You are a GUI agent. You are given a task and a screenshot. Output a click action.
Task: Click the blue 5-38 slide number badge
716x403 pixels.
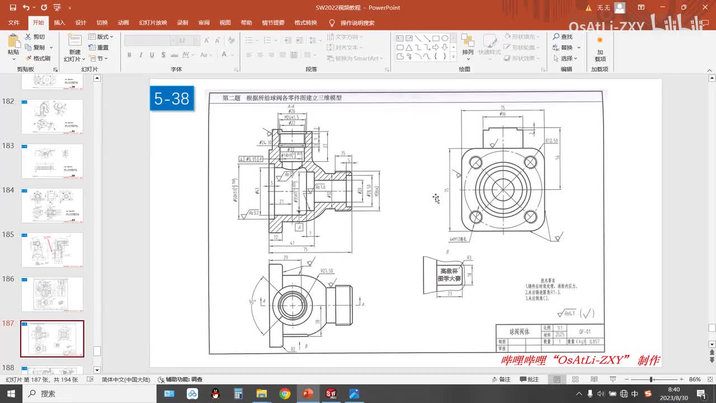pos(172,99)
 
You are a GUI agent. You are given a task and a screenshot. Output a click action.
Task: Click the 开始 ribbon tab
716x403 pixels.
pos(38,23)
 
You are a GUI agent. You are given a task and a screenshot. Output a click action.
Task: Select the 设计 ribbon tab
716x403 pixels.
pos(81,23)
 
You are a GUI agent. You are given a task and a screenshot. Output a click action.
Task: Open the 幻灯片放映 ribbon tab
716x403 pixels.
pos(153,23)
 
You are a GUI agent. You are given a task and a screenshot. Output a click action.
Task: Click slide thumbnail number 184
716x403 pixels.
pos(52,205)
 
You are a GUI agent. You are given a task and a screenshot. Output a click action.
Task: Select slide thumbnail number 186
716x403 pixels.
pos(52,294)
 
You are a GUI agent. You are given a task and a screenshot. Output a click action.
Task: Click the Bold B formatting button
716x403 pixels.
pos(129,55)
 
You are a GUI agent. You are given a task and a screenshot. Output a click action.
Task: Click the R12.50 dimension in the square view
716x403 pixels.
pos(552,141)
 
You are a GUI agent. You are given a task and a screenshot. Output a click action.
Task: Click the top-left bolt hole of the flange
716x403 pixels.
pos(476,162)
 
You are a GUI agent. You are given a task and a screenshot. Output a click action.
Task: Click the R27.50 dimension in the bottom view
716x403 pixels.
pos(327,271)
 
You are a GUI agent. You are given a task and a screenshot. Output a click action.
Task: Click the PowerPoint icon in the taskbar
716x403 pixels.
pos(308,393)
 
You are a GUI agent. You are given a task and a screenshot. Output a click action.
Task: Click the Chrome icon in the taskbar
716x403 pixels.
pos(285,393)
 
